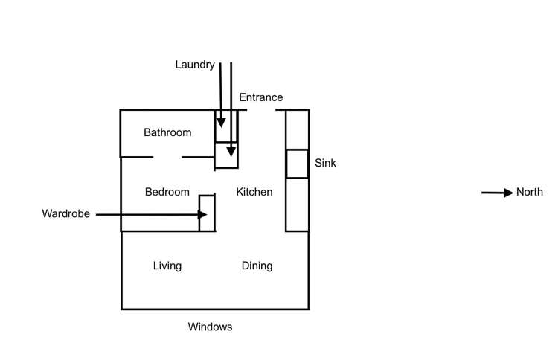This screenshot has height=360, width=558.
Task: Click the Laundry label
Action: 195,65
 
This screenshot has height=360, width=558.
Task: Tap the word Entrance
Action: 260,97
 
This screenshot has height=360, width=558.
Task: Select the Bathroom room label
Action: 167,132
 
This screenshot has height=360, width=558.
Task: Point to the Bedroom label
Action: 167,192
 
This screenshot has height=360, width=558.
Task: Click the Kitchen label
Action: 254,192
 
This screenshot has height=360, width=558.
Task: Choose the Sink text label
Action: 325,163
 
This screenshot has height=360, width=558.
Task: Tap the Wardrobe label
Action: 65,214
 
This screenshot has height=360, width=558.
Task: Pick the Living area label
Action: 167,266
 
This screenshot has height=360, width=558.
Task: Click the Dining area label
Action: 257,266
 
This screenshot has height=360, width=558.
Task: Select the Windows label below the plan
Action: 210,327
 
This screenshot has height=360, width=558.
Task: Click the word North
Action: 529,193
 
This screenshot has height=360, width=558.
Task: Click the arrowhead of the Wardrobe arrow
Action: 202,215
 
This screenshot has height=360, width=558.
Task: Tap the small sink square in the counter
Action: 297,164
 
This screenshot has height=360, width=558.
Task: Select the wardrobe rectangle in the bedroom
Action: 207,213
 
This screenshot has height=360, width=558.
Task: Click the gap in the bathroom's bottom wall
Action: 167,157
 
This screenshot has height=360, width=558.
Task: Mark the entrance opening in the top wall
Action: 261,110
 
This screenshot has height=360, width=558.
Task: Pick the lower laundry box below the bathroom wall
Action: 226,155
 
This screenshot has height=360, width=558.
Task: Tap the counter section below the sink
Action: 297,204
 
